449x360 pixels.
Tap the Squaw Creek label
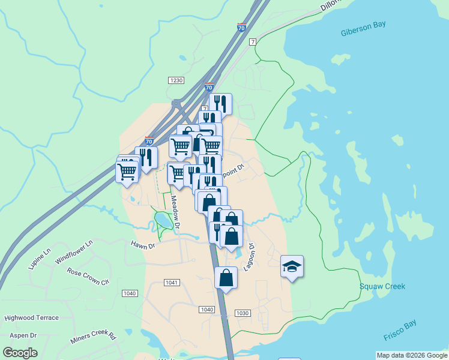pos(382,286)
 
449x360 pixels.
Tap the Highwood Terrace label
pos(32,318)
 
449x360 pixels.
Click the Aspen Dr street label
pos(22,336)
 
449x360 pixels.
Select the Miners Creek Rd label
pos(93,337)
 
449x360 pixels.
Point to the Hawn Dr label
pos(143,245)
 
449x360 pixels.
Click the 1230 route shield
pos(176,80)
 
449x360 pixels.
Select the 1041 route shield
pos(172,282)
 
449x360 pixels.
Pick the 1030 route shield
pos(243,313)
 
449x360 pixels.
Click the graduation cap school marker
pos(292,266)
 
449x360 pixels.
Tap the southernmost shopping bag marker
pos(226,278)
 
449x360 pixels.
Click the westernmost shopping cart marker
pos(127,172)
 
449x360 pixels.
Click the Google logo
pos(20,353)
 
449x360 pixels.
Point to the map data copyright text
pos(412,356)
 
